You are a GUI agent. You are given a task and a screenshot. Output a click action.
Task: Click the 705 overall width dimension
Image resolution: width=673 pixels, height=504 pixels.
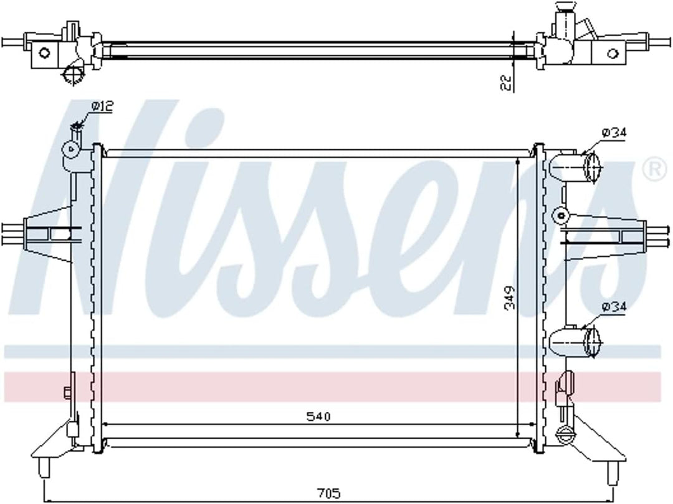point(329,493)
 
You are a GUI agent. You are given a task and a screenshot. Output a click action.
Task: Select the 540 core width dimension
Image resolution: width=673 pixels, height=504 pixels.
point(318,416)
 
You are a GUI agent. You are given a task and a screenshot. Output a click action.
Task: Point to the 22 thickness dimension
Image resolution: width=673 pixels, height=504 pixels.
point(507,82)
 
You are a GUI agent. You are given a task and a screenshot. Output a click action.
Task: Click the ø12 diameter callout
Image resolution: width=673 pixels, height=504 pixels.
point(102,106)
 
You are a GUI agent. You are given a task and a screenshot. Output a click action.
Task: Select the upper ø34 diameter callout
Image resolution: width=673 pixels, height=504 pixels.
point(614,133)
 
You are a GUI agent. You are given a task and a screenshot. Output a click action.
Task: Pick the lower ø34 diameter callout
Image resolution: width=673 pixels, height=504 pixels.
point(614,307)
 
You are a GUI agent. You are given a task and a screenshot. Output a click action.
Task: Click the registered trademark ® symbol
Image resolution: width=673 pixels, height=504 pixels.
point(653,170)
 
